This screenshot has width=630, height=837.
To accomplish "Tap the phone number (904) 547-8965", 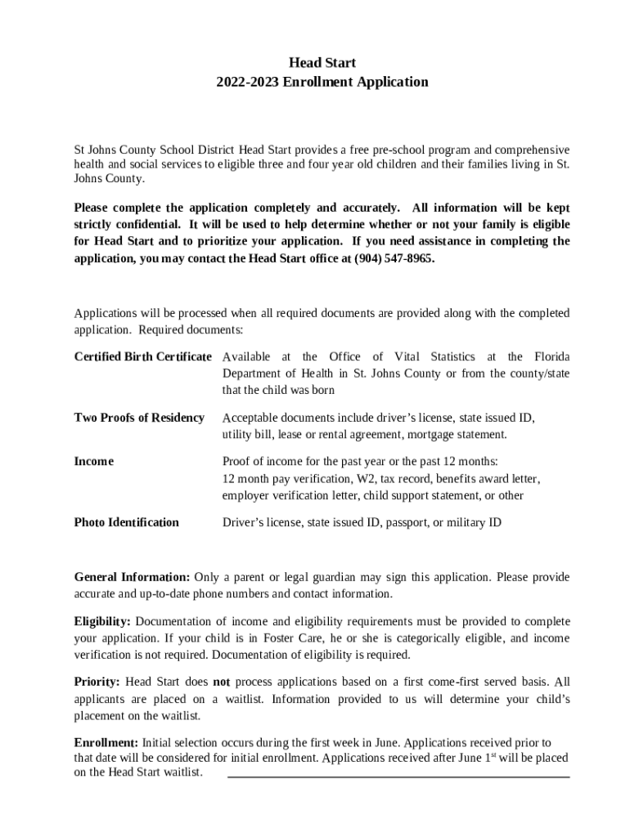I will point(394,258).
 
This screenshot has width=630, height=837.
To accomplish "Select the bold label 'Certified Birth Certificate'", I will point(143,357).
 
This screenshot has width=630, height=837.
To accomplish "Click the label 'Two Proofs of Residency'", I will point(139,418).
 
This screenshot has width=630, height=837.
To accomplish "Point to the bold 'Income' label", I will point(94,462).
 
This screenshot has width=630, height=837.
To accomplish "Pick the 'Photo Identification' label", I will point(127,522).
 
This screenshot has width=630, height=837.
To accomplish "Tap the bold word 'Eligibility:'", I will point(102,622).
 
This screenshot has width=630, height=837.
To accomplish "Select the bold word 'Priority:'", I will point(97,682).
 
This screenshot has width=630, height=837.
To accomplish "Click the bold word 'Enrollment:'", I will point(106,743).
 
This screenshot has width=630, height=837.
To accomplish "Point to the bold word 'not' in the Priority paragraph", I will point(222,682).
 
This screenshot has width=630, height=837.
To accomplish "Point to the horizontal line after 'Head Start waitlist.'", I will point(398,776).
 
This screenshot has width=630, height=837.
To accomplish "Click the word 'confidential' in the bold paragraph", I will point(149,224).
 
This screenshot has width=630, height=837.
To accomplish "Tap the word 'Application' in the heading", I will point(397,82).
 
